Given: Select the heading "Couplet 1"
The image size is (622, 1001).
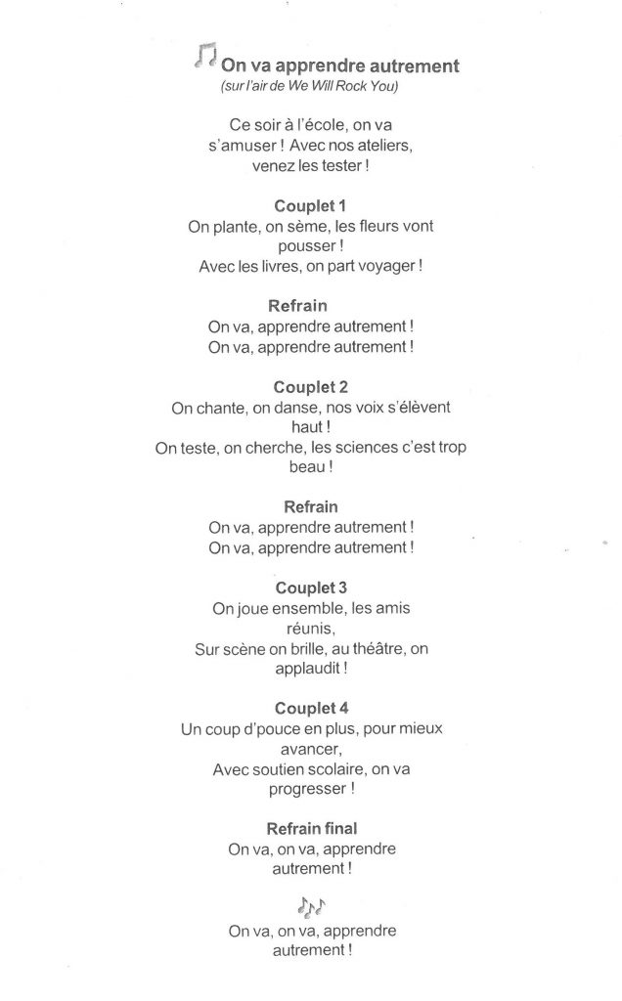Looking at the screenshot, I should pos(311,205).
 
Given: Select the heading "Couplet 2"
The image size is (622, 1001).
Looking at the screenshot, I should pos(311,386).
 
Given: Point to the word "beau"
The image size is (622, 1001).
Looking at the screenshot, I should pos(306,467).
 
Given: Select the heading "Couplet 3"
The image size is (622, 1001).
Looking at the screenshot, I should pos(311,588).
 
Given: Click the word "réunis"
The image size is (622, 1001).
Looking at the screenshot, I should pos(311,628).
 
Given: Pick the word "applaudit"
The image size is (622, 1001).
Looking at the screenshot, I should pos(306,669).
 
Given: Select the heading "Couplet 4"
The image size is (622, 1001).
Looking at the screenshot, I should pos(311,708).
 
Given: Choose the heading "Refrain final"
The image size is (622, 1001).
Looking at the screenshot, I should pos(311,828).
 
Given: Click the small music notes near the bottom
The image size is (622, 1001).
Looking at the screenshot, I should pos(312,905).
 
